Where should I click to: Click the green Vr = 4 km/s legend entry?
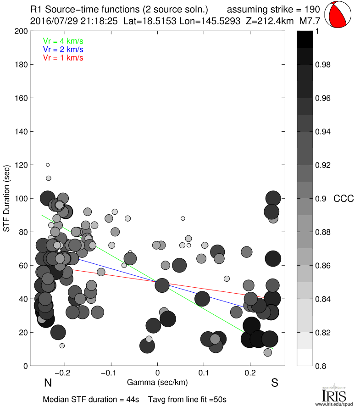pyautogui.click(x=63, y=41)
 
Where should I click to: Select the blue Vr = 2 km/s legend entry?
pyautogui.click(x=63, y=49)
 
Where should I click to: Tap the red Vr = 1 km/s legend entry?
pyautogui.click(x=63, y=57)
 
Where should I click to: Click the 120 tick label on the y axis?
pyautogui.click(x=22, y=165)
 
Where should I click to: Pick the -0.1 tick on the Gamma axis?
pyautogui.click(x=111, y=373)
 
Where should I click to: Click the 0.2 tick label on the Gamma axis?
pyautogui.click(x=250, y=373)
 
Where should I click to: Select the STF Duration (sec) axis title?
pyautogui.click(x=7, y=198)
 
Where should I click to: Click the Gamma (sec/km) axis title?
pyautogui.click(x=157, y=382)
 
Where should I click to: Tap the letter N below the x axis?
pyautogui.click(x=47, y=383)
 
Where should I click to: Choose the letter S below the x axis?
pyautogui.click(x=275, y=383)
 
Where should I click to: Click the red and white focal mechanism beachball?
pyautogui.click(x=339, y=15)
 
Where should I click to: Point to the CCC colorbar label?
pyautogui.click(x=343, y=199)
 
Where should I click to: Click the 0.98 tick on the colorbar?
pyautogui.click(x=323, y=65)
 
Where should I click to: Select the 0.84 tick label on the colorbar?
pyautogui.click(x=323, y=299)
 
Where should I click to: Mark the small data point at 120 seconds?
pyautogui.click(x=48, y=165)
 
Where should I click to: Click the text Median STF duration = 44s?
pyautogui.click(x=91, y=399)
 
